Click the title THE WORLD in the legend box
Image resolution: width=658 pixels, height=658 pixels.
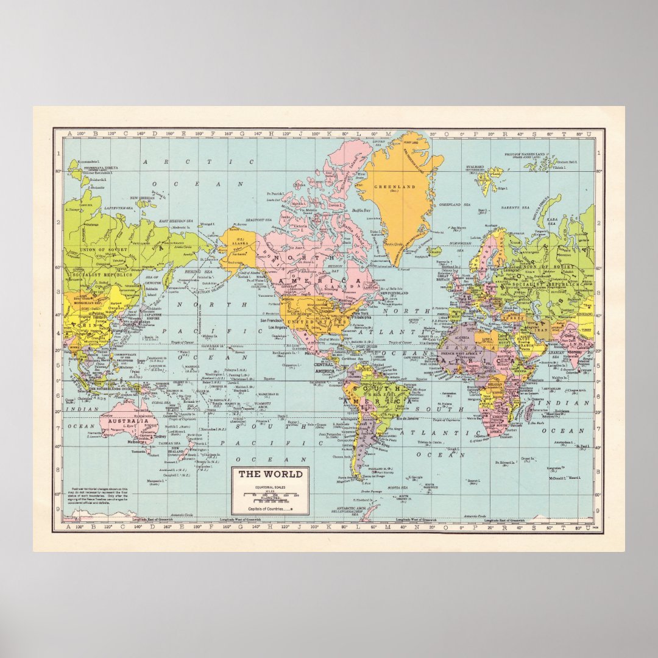(270, 475)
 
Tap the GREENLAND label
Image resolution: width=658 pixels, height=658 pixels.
(394, 187)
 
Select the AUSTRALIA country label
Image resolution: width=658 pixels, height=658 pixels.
(128, 420)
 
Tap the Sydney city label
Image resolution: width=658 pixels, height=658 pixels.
(160, 436)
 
